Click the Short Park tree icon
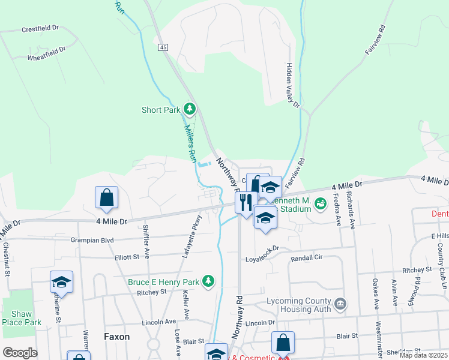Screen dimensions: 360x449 pos(190,109)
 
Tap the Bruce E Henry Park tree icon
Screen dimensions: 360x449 pos(208,281)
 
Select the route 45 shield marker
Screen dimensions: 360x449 pos(163,47)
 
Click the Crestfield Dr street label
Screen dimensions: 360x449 pos(41,28)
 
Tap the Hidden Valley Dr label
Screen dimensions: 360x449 pos(293,85)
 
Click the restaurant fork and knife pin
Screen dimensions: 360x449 pos(245,202)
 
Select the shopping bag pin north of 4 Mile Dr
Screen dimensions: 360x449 pos(106,197)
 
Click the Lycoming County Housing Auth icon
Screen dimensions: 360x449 pos(340,304)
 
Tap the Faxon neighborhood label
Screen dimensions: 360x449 pos(116,337)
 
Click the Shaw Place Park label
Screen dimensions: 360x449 pos(25,318)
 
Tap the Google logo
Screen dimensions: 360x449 pos(20,353)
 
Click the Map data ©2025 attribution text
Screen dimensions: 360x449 pos(423,355)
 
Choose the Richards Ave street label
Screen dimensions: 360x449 pos(353,205)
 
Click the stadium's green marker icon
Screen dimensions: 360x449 pos(320,205)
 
